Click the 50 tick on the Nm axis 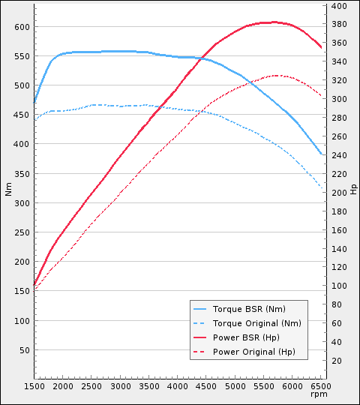pyautogui.click(x=23, y=350)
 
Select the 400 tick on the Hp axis pyautogui.click(x=338, y=6)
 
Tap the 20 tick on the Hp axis pyautogui.click(x=336, y=361)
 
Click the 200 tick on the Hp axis pyautogui.click(x=338, y=193)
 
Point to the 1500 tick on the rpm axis pyautogui.click(x=34, y=386)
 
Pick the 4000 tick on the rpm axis pyautogui.click(x=177, y=386)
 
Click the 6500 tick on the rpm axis pyautogui.click(x=321, y=386)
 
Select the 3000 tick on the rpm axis pyautogui.click(x=120, y=386)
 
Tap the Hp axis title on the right pyautogui.click(x=353, y=188)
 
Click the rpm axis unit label pyautogui.click(x=321, y=394)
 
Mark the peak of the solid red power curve pyautogui.click(x=274, y=22)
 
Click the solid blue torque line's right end pyautogui.click(x=322, y=154)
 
